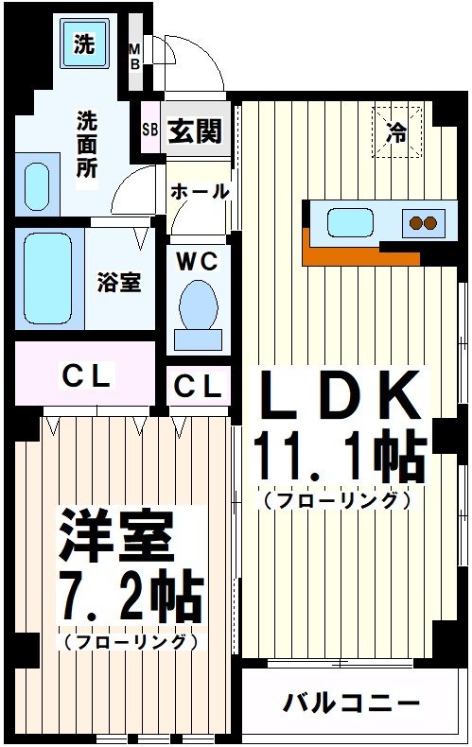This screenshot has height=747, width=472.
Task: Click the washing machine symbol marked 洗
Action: (84, 44)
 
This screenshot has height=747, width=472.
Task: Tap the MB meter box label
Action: (134, 56)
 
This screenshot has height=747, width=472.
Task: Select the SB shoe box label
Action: (149, 130)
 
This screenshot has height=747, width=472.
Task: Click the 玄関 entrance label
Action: (195, 130)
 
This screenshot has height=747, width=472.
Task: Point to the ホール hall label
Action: (200, 192)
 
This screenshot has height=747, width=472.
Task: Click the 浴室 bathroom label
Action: (120, 283)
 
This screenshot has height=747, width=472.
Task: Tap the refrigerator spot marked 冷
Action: (396, 133)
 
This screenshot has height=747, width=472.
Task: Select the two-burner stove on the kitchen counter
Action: (421, 223)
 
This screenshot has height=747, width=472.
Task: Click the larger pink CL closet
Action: (85, 375)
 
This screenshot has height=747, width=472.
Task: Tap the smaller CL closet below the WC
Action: (199, 386)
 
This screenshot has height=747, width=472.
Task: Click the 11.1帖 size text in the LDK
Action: (336, 460)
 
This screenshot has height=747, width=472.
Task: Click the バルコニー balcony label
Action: (350, 704)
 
